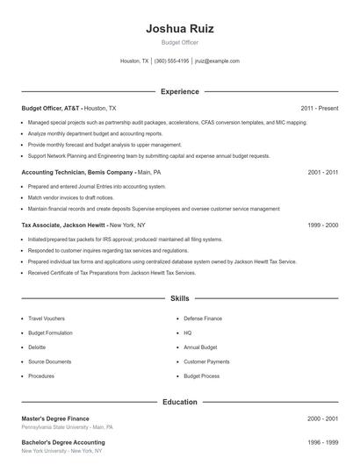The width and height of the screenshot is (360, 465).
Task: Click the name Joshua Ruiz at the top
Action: [179, 28]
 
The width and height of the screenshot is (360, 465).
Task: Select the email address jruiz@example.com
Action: [217, 61]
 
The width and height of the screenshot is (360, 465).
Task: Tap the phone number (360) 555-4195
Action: [171, 61]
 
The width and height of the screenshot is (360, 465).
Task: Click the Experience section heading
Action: [179, 91]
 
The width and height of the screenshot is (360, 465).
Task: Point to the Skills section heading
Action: [179, 299]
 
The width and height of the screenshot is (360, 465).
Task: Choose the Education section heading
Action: [179, 402]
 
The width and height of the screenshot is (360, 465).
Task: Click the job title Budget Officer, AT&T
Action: [51, 108]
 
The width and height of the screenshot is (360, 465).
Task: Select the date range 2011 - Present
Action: [319, 108]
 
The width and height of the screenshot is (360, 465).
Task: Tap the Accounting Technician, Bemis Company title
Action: [77, 173]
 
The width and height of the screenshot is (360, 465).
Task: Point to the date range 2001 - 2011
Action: [323, 173]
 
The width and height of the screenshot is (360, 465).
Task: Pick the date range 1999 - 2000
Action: [323, 225]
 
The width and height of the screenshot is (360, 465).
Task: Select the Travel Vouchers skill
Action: [47, 318]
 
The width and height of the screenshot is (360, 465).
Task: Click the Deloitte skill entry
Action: [37, 347]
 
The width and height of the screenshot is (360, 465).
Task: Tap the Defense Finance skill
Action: [202, 318]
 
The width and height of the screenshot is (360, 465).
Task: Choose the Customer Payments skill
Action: [206, 361]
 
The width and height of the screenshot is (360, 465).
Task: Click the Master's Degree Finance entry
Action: [55, 418]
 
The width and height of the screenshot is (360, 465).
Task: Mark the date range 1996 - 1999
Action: [323, 443]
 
